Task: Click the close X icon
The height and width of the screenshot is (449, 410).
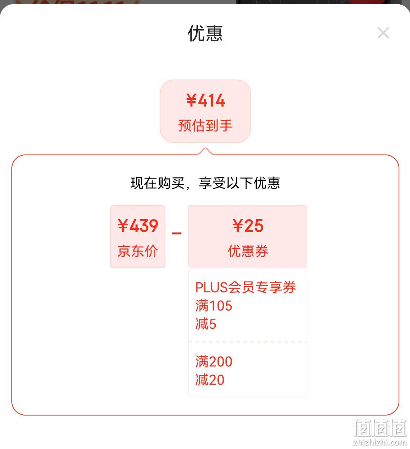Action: (383, 33)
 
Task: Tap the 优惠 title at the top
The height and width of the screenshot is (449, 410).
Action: (205, 33)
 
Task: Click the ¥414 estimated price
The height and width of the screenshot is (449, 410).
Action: (206, 100)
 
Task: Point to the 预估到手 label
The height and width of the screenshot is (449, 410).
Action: (205, 126)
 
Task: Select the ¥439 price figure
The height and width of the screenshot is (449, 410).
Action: (138, 226)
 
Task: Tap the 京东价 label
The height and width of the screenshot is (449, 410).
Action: (138, 251)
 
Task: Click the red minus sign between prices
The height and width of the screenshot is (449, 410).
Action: (176, 233)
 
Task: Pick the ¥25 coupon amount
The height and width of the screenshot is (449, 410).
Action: (248, 226)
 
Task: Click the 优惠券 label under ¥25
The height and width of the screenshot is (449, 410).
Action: (248, 251)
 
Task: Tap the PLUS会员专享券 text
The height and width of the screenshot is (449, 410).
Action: (246, 287)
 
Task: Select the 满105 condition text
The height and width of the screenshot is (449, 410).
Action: (214, 306)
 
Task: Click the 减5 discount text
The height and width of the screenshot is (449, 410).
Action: (206, 324)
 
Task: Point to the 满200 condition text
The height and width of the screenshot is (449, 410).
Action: (214, 361)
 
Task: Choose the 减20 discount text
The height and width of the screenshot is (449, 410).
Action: (210, 380)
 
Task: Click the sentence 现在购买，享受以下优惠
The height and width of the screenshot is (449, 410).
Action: (205, 183)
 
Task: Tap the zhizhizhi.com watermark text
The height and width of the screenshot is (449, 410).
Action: (380, 442)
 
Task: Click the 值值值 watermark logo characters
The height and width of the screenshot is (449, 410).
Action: (380, 428)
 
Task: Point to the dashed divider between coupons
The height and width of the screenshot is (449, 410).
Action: (248, 342)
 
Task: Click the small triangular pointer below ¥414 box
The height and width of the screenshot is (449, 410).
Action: (205, 151)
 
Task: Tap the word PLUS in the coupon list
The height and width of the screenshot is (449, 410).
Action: (211, 288)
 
